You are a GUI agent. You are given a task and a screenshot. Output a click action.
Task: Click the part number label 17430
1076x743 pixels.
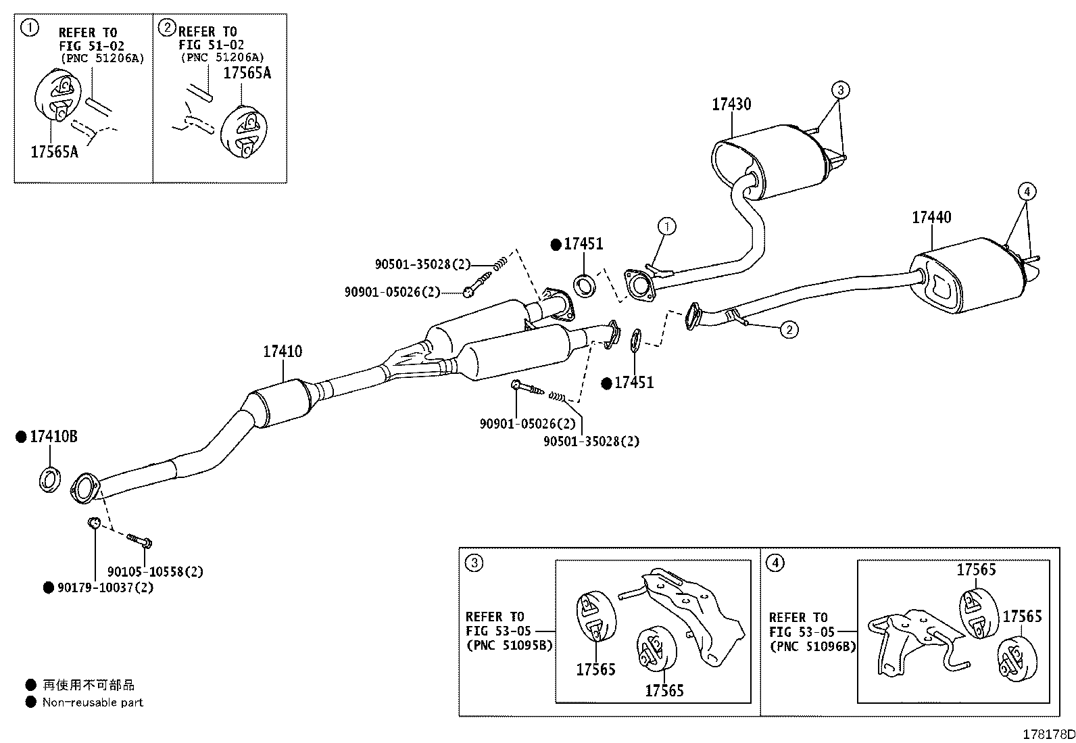731,104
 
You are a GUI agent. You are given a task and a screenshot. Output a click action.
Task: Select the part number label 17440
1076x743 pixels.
931,217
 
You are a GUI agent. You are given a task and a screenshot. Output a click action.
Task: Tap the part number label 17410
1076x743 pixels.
283,352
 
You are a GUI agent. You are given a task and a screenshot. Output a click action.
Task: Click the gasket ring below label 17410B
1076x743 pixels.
49,479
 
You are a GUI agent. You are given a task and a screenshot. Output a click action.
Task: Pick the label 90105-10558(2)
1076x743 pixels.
155,571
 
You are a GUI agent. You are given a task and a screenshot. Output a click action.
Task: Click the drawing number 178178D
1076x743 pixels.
1048,734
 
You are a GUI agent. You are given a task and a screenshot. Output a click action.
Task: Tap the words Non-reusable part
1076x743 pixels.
93,702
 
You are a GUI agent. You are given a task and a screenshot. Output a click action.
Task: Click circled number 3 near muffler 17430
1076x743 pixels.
840,90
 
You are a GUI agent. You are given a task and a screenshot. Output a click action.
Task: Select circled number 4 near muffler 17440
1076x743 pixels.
1027,192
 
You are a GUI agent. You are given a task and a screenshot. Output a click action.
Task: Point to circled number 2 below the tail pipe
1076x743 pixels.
789,330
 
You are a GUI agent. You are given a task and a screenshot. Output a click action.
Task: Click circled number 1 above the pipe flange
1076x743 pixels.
666,226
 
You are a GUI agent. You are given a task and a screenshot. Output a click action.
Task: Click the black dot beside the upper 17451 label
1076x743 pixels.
556,245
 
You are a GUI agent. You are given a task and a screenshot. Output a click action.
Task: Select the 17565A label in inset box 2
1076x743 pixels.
247,73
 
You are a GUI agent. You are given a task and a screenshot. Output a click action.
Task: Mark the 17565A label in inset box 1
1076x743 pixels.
54,152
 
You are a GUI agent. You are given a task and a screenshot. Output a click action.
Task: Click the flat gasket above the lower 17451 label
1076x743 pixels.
635,340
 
